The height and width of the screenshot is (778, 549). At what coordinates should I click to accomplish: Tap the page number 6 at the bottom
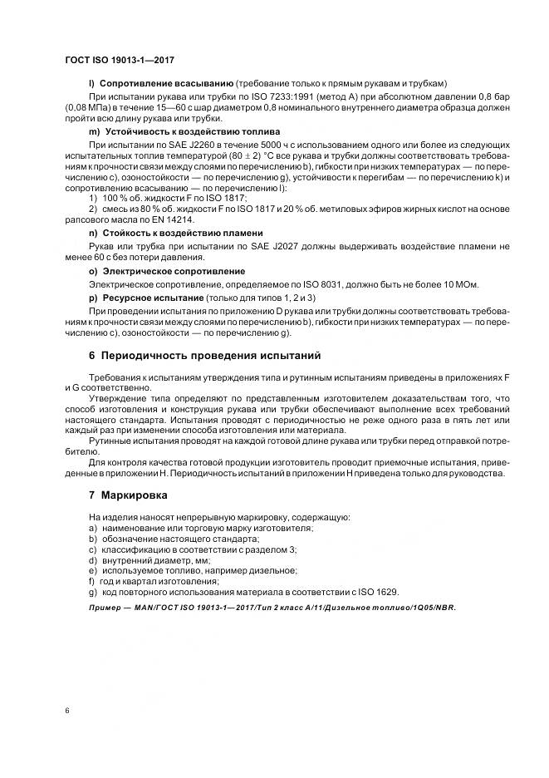pos(66,712)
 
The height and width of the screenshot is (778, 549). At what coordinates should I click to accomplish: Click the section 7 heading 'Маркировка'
pos(134,495)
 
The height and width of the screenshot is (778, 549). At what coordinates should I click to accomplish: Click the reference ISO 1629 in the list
pos(378,592)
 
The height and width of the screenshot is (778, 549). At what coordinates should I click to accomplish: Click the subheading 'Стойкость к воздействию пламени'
pos(181,233)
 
